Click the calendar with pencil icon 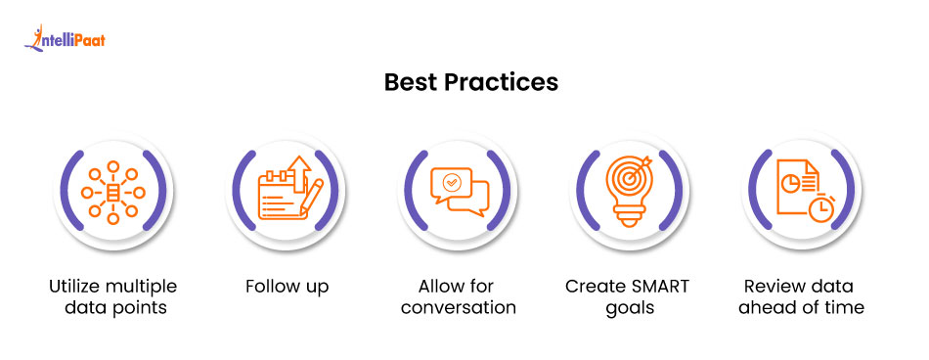pos(284,191)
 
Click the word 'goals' pos(627,308)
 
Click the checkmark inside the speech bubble pos(451,181)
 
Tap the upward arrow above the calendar pos(297,172)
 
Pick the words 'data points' pos(112,308)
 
